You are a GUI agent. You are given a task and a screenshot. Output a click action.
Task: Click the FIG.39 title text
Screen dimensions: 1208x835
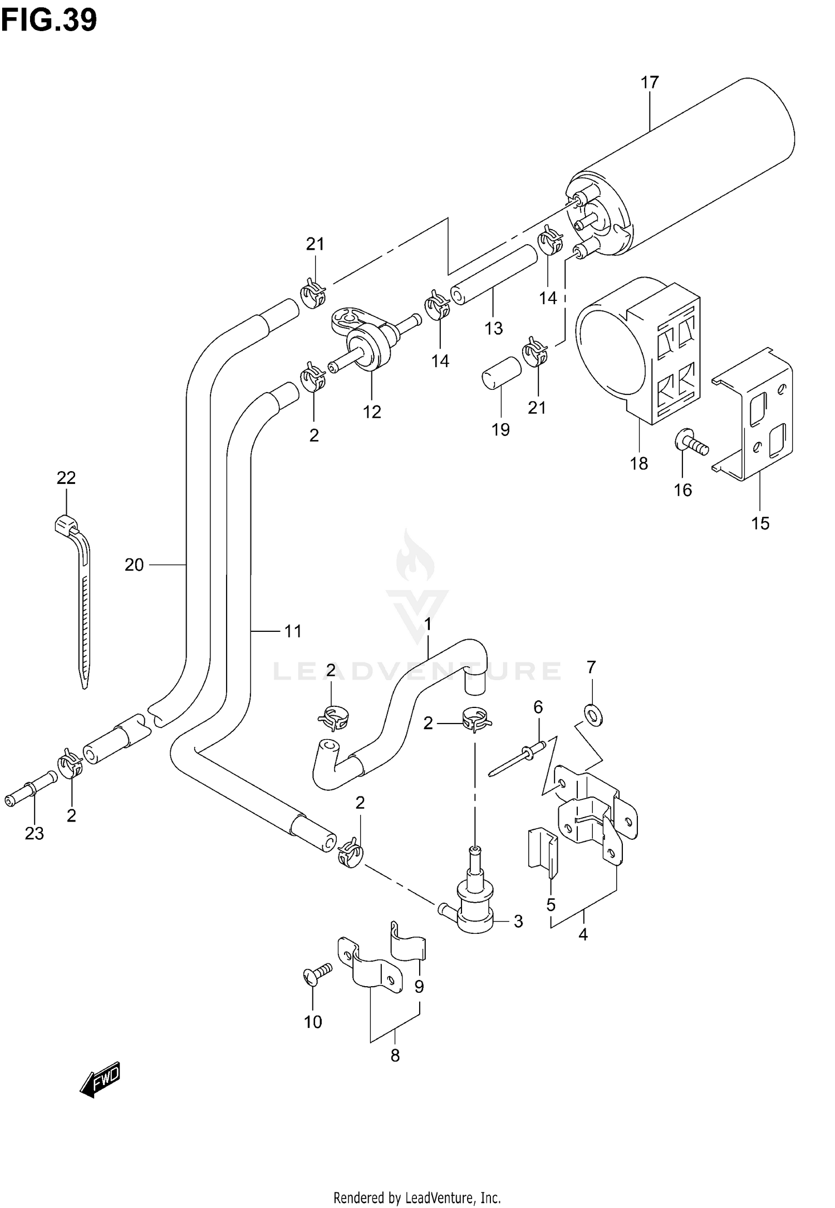[49, 20]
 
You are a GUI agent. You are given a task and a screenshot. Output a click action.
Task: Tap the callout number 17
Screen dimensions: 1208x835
[649, 83]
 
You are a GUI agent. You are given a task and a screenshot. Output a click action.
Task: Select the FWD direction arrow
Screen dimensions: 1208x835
[101, 1080]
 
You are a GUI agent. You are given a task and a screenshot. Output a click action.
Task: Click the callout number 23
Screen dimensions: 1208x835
[34, 849]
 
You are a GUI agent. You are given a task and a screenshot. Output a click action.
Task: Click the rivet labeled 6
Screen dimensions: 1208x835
[515, 758]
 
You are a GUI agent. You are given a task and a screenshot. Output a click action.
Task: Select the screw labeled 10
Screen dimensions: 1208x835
[317, 973]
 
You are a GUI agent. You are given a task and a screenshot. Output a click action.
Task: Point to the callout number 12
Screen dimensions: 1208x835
[372, 412]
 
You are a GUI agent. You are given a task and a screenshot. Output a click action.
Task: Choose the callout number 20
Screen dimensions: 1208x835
[134, 565]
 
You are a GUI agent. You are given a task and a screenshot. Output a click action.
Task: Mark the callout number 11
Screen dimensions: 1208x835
[293, 631]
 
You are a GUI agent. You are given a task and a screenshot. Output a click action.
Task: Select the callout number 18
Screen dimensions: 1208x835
[639, 463]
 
